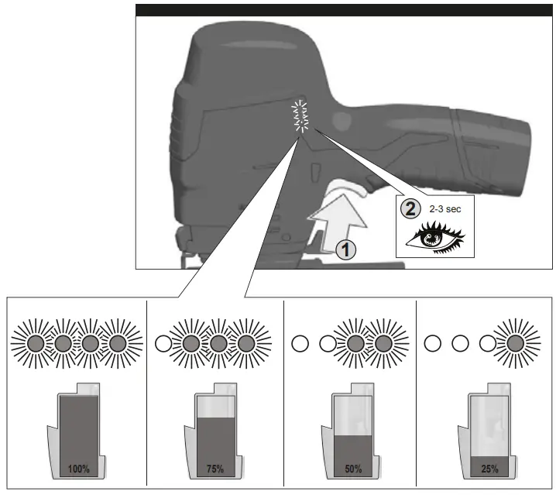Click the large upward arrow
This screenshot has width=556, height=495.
point(334,225)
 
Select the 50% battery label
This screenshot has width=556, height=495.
point(352,469)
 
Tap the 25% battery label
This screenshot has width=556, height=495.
point(489,469)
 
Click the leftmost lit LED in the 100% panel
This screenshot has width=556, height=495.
point(36,343)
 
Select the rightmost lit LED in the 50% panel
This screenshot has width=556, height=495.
point(384,343)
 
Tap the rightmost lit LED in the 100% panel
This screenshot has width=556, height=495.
point(118,343)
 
